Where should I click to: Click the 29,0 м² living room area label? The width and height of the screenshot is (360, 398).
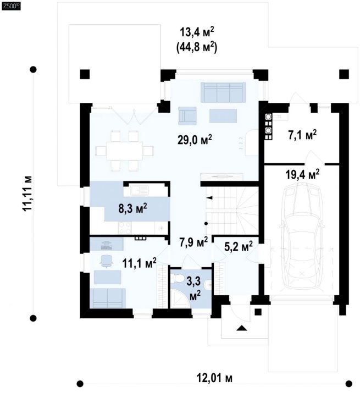point(195,140)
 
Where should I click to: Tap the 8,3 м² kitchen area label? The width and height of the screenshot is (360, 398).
point(132,209)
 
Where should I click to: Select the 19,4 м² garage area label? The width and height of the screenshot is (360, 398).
point(302,175)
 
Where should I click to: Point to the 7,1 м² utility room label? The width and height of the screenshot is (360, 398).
point(302,135)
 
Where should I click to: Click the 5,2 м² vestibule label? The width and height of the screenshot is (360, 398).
point(239,246)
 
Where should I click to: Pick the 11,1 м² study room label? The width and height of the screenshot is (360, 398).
point(139,263)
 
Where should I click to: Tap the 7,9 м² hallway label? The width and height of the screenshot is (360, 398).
point(194,242)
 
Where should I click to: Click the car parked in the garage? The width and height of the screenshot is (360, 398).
point(301,236)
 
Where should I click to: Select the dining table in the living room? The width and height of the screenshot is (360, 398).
point(125,151)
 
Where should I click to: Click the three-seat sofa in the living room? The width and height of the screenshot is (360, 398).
point(223,92)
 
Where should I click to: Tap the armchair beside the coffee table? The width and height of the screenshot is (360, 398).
point(187,116)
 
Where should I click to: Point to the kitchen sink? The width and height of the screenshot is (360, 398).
point(140,190)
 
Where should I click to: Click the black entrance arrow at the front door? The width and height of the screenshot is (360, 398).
point(241,328)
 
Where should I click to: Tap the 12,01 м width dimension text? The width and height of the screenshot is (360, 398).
point(214,378)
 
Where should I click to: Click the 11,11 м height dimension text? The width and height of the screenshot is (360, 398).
point(27,193)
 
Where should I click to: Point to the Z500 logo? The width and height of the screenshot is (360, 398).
point(11,7)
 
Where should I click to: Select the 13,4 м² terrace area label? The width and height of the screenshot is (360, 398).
point(197,33)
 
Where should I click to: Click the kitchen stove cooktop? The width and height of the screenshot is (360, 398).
point(125,228)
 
